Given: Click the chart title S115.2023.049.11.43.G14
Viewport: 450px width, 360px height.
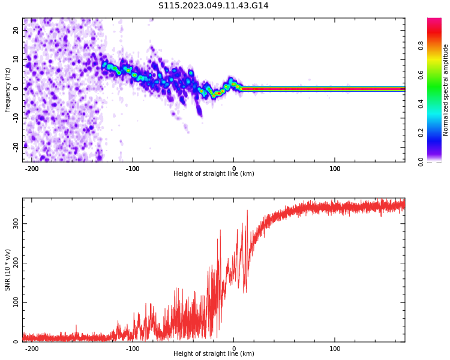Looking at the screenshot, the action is tap(213, 5).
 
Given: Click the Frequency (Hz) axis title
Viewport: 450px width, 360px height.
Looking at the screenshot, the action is tap(7, 90).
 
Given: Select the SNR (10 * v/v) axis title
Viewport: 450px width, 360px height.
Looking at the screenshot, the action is tap(7, 269).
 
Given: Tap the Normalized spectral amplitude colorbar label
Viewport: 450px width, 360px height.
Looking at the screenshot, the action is tap(445, 90).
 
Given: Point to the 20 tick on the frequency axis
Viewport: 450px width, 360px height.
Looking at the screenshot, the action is tap(16, 30).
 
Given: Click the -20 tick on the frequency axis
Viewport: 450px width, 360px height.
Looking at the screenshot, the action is tap(16, 148).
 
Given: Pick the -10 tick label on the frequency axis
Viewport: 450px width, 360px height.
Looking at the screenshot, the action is tap(16, 118).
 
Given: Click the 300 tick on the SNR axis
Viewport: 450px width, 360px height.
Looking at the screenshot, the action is tap(16, 224).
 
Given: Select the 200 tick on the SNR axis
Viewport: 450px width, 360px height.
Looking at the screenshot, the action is tap(16, 263).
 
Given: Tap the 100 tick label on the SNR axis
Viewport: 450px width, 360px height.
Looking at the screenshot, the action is tap(16, 302).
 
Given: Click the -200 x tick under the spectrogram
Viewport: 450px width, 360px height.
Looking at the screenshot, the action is tap(32, 169).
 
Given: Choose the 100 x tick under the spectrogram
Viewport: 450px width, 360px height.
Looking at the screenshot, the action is tap(335, 169).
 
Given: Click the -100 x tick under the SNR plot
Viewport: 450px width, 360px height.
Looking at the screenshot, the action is tap(133, 349).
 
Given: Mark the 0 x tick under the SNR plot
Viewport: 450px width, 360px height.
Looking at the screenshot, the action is tap(234, 349).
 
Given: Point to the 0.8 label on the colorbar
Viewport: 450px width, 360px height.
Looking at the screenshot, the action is tap(421, 46).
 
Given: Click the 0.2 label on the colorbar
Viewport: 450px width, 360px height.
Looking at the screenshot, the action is tap(421, 133).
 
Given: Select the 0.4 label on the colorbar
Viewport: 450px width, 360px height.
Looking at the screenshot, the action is tap(421, 104).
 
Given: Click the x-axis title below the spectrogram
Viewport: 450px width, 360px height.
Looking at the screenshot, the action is tap(214, 173).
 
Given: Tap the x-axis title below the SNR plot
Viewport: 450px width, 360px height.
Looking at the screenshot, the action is tap(214, 353).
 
